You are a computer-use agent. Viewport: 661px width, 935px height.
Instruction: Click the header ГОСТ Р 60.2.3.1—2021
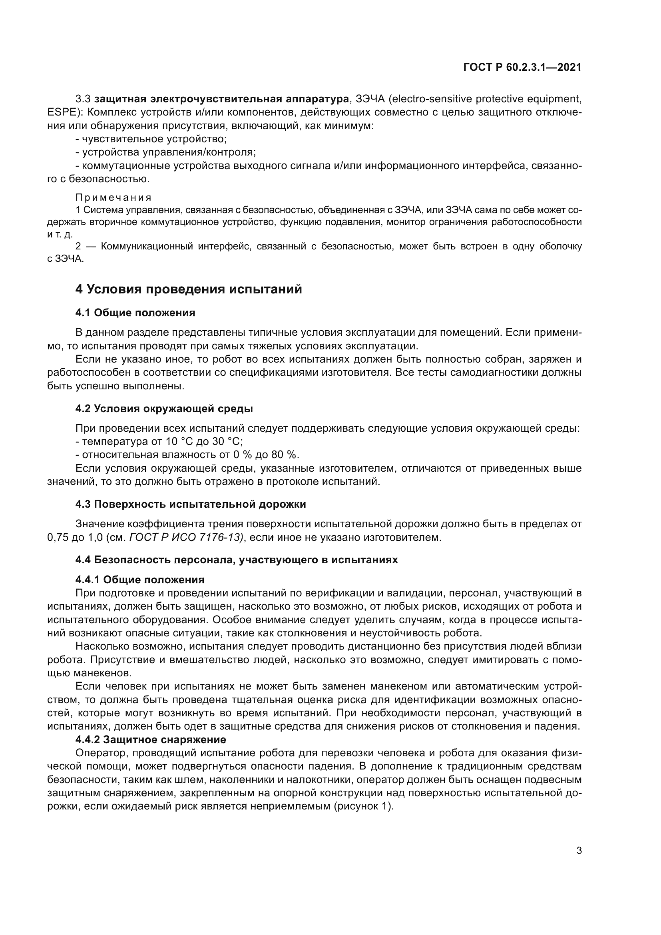click(522, 68)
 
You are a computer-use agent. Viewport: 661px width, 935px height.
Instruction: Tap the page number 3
click(579, 851)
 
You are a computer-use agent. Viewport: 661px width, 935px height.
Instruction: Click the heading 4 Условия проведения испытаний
click(189, 289)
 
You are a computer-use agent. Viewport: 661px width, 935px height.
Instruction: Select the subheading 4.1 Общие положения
click(135, 313)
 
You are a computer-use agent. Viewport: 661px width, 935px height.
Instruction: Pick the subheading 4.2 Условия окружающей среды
click(164, 409)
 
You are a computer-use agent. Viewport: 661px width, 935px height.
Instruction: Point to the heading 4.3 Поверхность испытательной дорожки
click(191, 504)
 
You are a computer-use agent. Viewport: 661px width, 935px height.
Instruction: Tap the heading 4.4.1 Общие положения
click(139, 580)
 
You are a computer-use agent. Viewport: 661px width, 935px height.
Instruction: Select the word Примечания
click(113, 197)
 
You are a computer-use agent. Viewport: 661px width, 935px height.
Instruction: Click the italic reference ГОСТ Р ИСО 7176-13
click(186, 538)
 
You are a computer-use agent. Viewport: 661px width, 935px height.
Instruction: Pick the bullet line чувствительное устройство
click(151, 139)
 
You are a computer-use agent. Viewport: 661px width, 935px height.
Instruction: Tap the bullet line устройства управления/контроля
click(166, 152)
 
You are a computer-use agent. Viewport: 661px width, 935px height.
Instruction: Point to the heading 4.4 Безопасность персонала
click(236, 560)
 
